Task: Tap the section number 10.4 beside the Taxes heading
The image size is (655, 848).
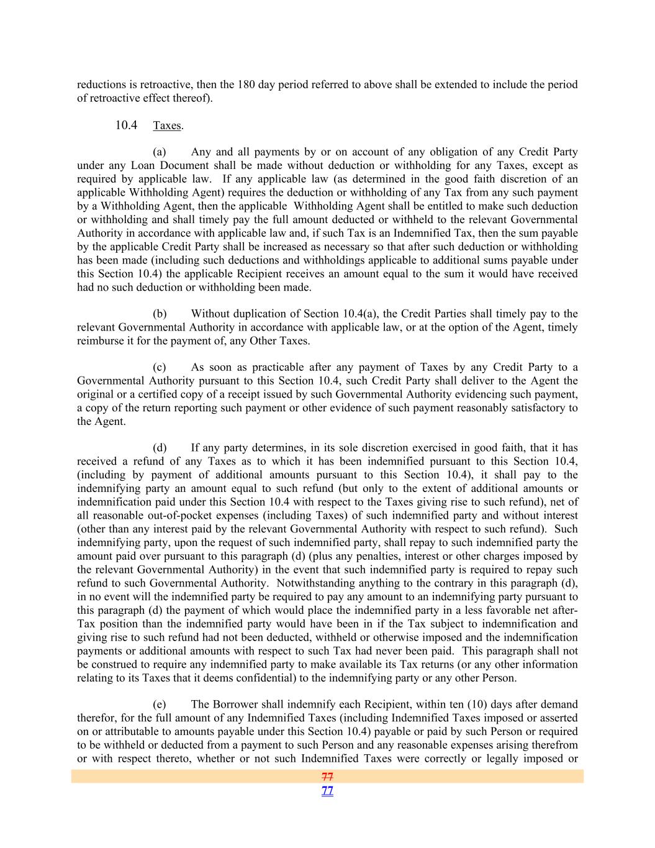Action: tap(126, 125)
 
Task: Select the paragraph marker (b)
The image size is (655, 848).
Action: tap(160, 314)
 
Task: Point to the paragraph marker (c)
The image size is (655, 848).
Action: tap(160, 367)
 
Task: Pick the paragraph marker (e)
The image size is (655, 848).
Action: tap(160, 704)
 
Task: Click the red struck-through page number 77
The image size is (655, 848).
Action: tap(327, 777)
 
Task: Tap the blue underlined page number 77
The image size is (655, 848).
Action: tap(327, 791)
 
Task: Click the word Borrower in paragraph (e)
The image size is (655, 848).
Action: tap(235, 704)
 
